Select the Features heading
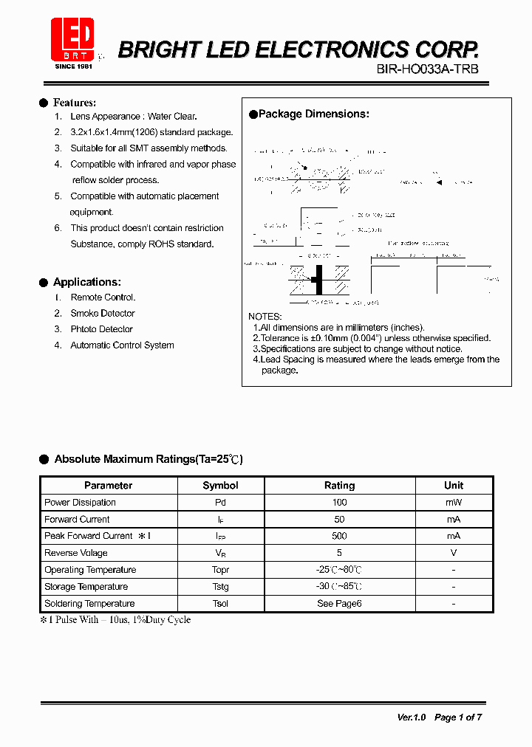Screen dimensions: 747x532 (x=74, y=103)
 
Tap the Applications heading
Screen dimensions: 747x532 (x=86, y=282)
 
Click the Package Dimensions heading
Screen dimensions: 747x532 (x=313, y=114)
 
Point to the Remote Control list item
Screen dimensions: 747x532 (x=103, y=297)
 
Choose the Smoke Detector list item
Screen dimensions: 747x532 (x=103, y=314)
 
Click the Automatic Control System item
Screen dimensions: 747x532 (x=122, y=345)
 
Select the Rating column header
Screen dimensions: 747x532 (x=339, y=486)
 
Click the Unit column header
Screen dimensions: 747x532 (x=454, y=486)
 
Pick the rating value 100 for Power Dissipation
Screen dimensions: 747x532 (x=339, y=503)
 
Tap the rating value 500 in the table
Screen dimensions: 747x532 (x=339, y=536)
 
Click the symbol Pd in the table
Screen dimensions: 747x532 (x=220, y=503)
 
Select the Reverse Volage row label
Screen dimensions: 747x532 (x=76, y=553)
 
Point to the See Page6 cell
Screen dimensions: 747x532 (x=339, y=604)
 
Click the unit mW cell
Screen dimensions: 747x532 (x=454, y=503)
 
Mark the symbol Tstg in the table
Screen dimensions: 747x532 (x=220, y=587)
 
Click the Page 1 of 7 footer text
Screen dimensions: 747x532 (x=458, y=717)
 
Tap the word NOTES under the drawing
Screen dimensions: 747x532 (x=265, y=316)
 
